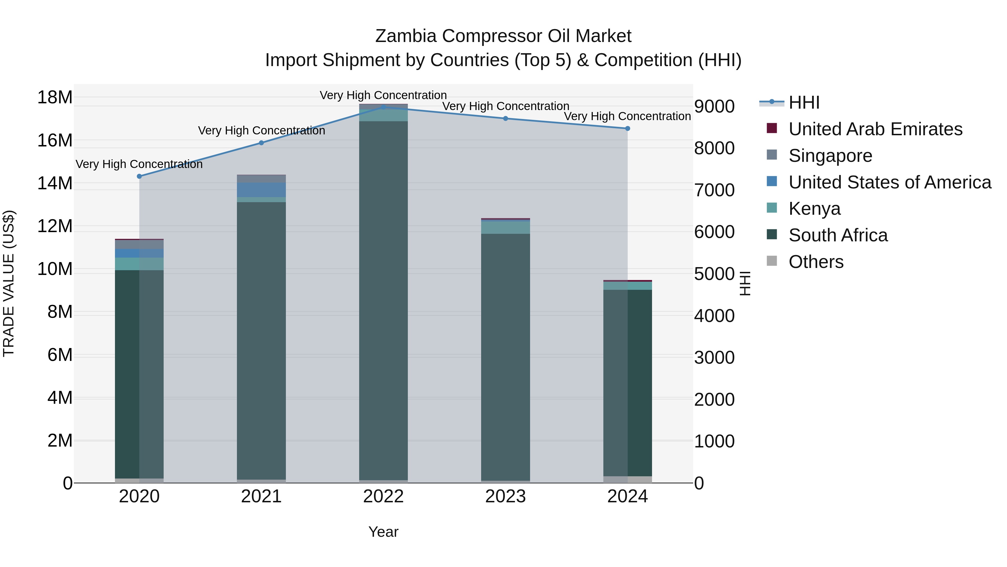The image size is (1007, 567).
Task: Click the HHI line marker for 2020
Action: coord(139,176)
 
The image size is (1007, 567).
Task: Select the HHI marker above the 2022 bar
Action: coord(383,107)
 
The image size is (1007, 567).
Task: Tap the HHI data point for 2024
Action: coord(627,128)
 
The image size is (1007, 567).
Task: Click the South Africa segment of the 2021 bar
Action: coord(261,340)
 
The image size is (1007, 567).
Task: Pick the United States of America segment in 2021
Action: coord(261,190)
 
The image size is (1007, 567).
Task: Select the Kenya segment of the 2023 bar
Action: coord(505,228)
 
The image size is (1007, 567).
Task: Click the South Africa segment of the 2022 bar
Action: coord(383,301)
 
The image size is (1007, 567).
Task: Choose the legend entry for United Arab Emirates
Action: coord(875,129)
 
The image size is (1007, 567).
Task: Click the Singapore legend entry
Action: coord(830,156)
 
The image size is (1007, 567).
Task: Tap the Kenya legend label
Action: coord(814,209)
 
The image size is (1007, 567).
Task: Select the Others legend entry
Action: coord(816,262)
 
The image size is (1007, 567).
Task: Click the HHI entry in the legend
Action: coord(804,102)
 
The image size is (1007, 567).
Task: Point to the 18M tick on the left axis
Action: coord(55,97)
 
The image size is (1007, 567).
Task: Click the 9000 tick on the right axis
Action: coord(714,106)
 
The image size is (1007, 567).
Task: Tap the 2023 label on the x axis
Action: coord(505,496)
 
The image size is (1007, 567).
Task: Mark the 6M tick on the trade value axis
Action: coord(59,355)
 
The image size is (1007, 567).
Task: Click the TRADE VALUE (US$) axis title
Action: coord(9,283)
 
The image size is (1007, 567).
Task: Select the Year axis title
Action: coord(383,532)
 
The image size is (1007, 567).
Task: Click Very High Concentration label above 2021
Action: coord(261,130)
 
